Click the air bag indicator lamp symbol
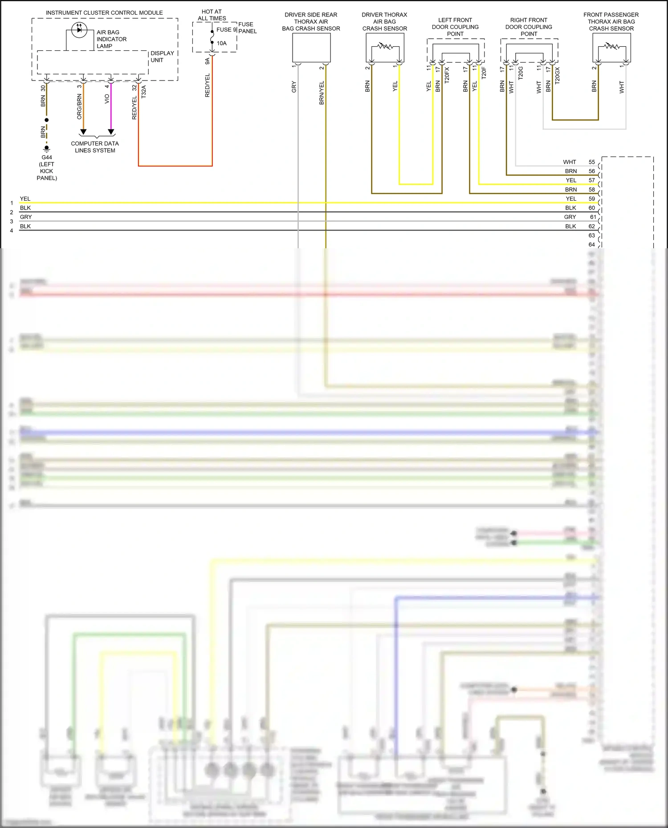coord(79,30)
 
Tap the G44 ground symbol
coord(47,148)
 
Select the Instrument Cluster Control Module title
coord(104,13)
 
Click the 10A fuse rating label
coord(222,43)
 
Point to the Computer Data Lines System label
coord(95,147)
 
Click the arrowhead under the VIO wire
coord(111,132)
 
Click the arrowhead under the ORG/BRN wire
coord(83,132)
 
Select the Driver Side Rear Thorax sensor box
coord(311,48)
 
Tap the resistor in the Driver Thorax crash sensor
coord(385,46)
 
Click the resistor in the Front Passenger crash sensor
coord(611,46)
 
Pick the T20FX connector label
coord(447,75)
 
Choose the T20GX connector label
coord(557,76)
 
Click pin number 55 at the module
coord(591,162)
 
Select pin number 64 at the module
coord(591,244)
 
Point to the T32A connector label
coord(144,92)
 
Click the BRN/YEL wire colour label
coord(322,93)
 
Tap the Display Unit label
coord(162,57)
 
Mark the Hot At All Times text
coord(212,15)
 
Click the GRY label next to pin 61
coord(570,217)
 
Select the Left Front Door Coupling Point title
coord(455,27)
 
